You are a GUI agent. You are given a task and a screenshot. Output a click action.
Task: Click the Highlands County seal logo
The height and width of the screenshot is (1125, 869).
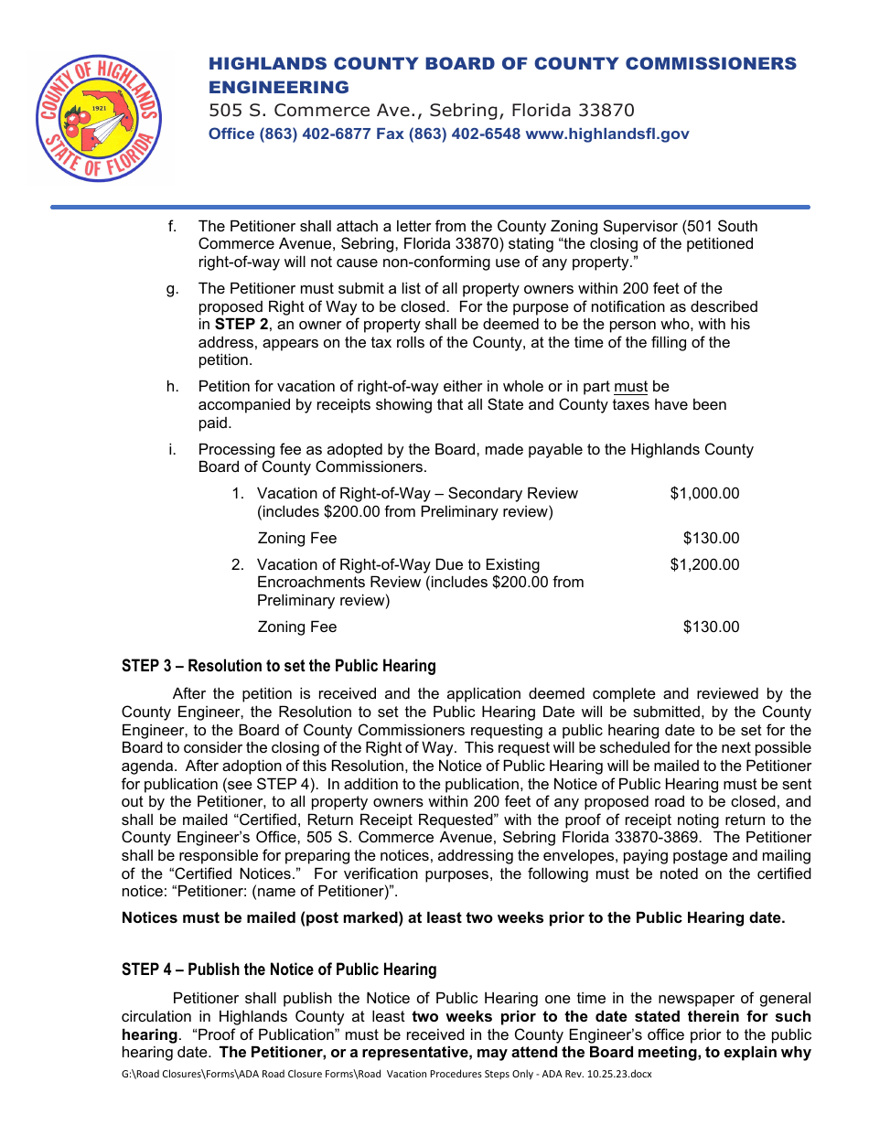tap(98, 117)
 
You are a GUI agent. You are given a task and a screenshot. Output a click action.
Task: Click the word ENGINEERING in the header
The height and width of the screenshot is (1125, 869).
tap(279, 88)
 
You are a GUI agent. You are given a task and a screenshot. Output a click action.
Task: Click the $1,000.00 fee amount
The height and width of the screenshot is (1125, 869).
tap(703, 494)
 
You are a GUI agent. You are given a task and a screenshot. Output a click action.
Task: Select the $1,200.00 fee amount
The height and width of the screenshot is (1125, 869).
tap(703, 565)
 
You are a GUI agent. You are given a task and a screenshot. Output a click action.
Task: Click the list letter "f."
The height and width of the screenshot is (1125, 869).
tap(172, 227)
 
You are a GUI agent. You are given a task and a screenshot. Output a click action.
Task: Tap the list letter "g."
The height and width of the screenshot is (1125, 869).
tap(173, 289)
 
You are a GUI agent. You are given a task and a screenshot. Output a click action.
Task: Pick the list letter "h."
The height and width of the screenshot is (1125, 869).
tap(173, 387)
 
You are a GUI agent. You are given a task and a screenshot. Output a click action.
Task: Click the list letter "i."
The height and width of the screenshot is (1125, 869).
tap(172, 450)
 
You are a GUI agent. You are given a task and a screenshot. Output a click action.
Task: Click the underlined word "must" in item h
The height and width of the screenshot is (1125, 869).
tap(630, 387)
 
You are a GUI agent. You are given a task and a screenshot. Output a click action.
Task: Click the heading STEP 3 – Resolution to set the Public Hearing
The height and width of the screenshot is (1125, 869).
tap(278, 666)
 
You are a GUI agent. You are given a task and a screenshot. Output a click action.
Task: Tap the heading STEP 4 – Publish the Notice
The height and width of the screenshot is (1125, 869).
tap(278, 970)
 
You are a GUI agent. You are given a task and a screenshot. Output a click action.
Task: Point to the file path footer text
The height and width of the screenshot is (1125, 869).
tap(386, 1074)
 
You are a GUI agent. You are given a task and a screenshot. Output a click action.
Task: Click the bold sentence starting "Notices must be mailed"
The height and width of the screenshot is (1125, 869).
tap(453, 918)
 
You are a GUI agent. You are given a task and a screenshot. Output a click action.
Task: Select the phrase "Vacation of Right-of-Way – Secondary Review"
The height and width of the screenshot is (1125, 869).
tap(417, 494)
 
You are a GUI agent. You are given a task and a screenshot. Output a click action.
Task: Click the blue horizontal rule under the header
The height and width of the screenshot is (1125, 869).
tap(430, 207)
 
